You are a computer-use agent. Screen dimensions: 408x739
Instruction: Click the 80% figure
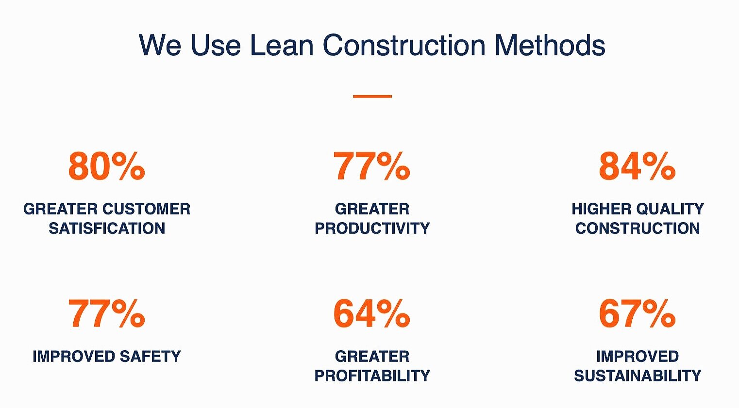tap(106, 166)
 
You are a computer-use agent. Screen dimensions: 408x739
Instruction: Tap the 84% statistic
tap(637, 166)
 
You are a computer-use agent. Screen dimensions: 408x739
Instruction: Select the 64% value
tap(371, 314)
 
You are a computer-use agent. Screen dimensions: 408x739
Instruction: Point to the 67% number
tap(637, 314)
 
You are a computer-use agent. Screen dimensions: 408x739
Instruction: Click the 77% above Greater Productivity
tap(371, 166)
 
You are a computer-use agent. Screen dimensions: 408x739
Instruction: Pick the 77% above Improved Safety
tap(106, 314)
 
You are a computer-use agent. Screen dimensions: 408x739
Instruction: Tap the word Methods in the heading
tap(550, 46)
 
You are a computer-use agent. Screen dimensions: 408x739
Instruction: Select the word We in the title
tap(160, 46)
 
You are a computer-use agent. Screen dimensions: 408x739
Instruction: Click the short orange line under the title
tap(372, 97)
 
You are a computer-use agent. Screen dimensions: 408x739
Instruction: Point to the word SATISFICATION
tap(107, 228)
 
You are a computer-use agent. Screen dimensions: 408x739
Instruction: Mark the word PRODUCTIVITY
tap(372, 228)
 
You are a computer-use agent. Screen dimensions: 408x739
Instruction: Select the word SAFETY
tap(150, 357)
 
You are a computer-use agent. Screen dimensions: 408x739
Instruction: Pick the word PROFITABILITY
tap(372, 375)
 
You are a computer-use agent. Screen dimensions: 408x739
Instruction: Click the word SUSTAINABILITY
tap(638, 375)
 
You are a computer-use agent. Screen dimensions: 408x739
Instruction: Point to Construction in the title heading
tap(404, 46)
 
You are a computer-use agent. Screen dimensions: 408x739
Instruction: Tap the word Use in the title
tap(216, 46)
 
